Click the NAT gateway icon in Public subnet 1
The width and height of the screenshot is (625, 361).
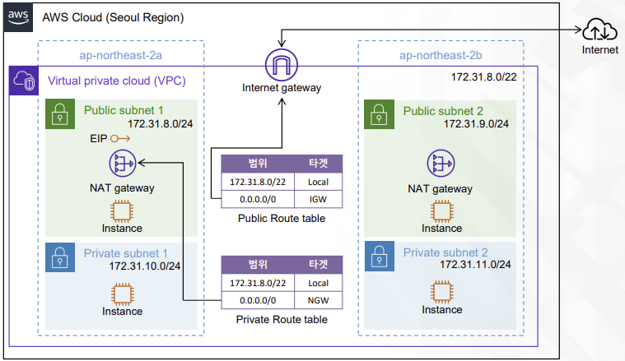tap(121, 163)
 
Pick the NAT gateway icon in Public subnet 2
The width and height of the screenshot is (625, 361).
tap(441, 163)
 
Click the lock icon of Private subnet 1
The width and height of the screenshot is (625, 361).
tap(58, 255)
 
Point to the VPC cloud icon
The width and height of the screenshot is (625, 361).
tap(22, 81)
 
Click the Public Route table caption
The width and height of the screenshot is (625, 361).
tap(281, 219)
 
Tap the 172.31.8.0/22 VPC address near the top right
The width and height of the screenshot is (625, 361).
tap(484, 76)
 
